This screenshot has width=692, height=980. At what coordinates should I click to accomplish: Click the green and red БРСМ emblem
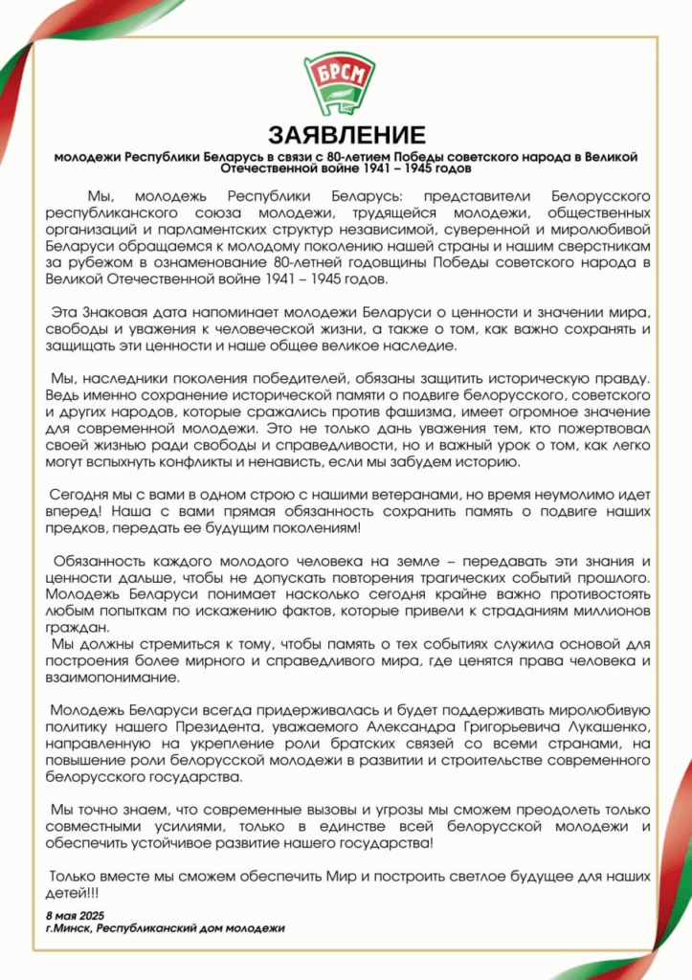[346, 85]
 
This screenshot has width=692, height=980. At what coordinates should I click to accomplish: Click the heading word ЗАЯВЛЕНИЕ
[346, 133]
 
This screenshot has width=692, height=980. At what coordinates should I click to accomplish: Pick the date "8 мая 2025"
[78, 915]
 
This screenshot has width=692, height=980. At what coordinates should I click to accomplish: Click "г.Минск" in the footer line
[69, 927]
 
